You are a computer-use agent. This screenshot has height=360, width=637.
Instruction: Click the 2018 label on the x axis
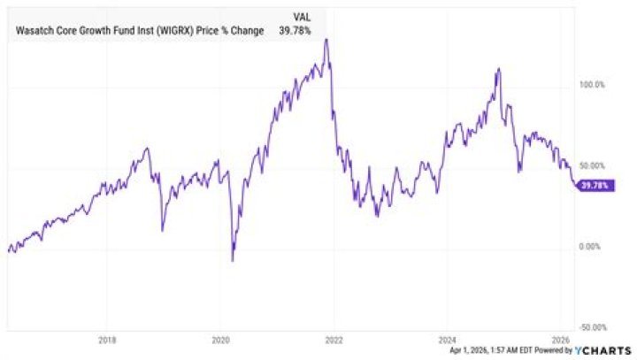pyautogui.click(x=107, y=340)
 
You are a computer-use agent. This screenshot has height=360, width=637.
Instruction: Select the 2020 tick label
pyautogui.click(x=220, y=340)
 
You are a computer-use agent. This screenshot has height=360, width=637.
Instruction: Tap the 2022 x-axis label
pyautogui.click(x=334, y=340)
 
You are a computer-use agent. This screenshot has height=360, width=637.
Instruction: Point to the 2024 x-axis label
pyautogui.click(x=447, y=340)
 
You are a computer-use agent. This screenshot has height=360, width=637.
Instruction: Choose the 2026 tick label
pyautogui.click(x=561, y=340)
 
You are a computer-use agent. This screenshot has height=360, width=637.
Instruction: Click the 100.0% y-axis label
pyautogui.click(x=592, y=85)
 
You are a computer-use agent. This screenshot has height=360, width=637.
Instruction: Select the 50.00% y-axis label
pyautogui.click(x=592, y=165)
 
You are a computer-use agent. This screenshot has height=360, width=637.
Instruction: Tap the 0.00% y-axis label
pyautogui.click(x=589, y=247)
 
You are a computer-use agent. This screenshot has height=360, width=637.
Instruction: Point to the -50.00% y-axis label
pyautogui.click(x=593, y=327)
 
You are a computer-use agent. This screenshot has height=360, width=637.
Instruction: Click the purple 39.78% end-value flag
pyautogui.click(x=595, y=186)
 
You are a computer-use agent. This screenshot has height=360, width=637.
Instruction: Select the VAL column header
pyautogui.click(x=302, y=18)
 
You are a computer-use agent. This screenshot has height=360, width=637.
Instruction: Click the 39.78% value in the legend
pyautogui.click(x=295, y=30)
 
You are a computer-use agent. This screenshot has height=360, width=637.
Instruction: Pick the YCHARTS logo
pyautogui.click(x=602, y=350)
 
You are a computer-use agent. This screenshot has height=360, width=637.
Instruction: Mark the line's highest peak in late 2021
pyautogui.click(x=326, y=39)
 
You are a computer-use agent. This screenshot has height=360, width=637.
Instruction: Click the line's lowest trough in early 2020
pyautogui.click(x=233, y=260)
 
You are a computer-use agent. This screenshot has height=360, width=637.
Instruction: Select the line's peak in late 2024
pyautogui.click(x=498, y=69)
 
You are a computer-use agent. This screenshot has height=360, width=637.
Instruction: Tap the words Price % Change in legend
pyautogui.click(x=230, y=30)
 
